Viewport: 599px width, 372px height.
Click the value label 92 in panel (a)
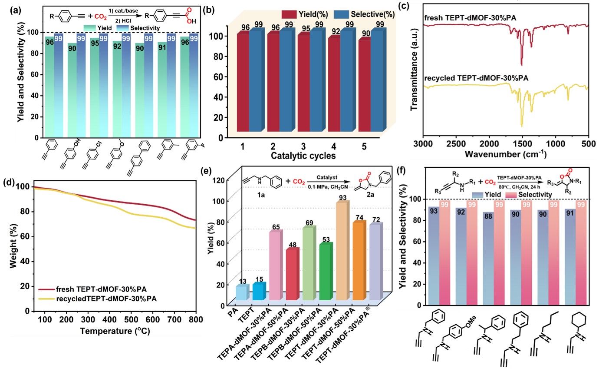[x=117, y=46]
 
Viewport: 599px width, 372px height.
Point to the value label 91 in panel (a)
[x=162, y=47]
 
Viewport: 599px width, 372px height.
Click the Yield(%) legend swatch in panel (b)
[x=289, y=14]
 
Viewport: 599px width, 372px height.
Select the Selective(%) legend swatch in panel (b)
[x=341, y=14]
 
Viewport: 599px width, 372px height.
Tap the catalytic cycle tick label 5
[x=364, y=146]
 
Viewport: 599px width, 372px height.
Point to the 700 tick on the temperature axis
[x=174, y=319]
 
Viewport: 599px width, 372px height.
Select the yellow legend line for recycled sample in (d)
[x=46, y=299]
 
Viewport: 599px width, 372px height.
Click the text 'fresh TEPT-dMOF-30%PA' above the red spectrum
[x=470, y=18]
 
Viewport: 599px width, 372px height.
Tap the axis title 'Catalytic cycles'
[x=303, y=156]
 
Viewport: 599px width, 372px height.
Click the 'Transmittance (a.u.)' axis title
[x=414, y=70]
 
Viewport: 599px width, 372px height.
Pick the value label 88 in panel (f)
[x=488, y=216]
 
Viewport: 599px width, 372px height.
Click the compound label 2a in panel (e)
[x=370, y=195]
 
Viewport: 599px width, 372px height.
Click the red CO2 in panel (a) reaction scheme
[x=101, y=17]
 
